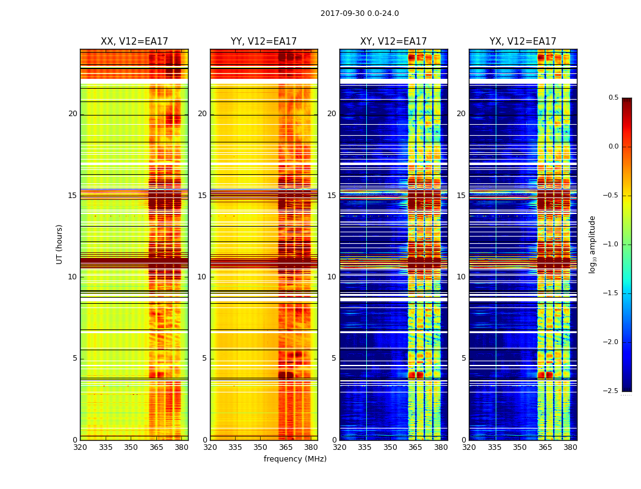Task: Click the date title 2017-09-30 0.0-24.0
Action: [360, 13]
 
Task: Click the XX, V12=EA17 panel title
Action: [134, 42]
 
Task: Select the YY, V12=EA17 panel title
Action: [264, 42]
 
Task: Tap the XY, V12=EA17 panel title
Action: [393, 42]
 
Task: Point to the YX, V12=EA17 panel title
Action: [523, 42]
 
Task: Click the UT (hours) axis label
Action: [60, 244]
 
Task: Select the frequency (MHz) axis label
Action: [295, 459]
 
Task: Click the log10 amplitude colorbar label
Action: [592, 244]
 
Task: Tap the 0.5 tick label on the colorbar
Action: [613, 98]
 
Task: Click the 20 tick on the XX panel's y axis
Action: [73, 114]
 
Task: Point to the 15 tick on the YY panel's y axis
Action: [202, 196]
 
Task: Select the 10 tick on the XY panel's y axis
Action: [331, 277]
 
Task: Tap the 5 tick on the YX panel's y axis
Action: [463, 358]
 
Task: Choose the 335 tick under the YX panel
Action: [494, 447]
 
